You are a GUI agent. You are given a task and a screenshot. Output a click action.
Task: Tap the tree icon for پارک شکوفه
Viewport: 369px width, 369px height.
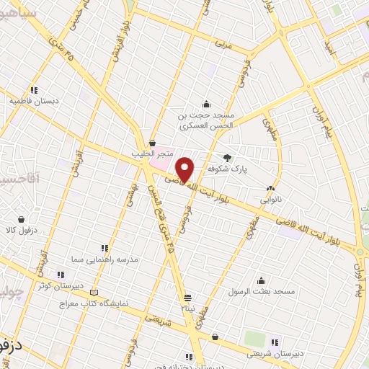pos(228,157)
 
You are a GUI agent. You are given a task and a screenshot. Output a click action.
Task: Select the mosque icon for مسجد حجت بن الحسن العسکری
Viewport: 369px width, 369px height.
pos(207,103)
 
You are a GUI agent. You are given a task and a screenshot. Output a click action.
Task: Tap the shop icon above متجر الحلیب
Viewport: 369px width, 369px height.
pos(152,143)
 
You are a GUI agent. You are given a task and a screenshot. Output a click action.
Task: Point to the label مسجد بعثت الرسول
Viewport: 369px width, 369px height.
pos(264,291)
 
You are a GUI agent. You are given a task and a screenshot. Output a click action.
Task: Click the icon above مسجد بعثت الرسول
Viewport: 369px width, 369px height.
pos(260,280)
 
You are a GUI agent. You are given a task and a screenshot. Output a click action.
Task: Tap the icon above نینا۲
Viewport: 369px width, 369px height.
pos(188,297)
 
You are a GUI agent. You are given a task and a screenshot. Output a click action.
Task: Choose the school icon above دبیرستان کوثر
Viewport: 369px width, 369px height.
pos(61,274)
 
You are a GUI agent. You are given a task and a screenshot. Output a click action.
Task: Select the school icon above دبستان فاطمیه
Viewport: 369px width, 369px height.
pos(33,89)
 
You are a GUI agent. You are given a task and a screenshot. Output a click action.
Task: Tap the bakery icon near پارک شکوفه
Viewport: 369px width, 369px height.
pos(270,184)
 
